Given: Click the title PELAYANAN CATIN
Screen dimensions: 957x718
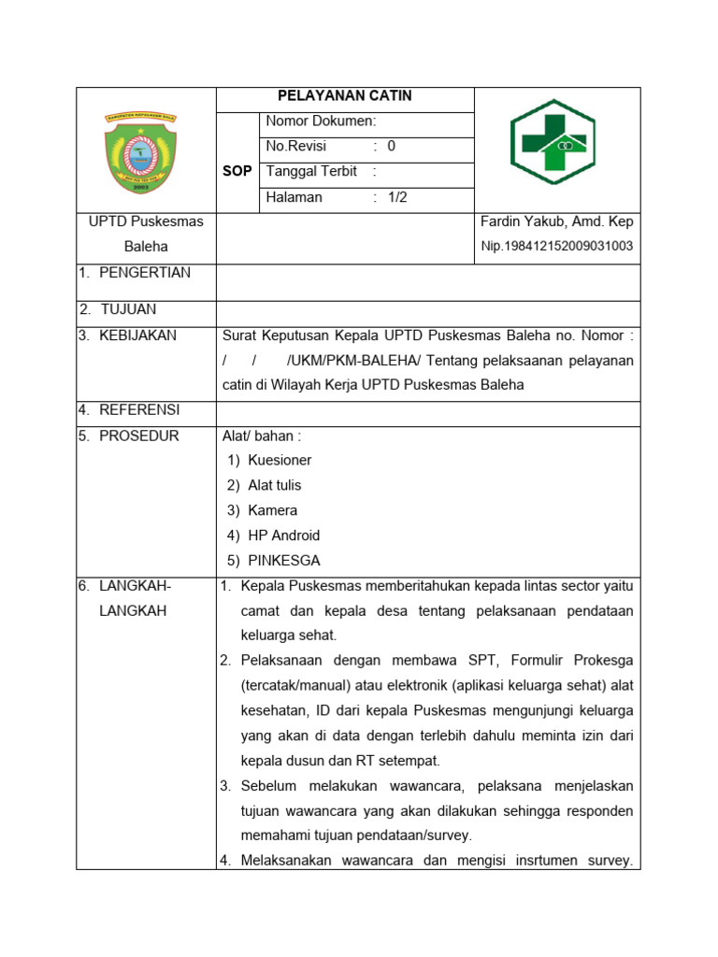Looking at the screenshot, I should (345, 96).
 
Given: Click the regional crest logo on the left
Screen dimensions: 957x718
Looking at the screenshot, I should (145, 152).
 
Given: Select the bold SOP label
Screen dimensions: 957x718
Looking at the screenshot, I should (237, 172).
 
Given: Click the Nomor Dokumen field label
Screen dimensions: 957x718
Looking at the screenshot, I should (321, 121).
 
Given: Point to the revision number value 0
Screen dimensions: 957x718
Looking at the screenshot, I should (392, 147).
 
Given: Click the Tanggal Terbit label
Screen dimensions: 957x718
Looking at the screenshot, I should (313, 172).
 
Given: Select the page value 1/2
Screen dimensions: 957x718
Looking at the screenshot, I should (397, 197).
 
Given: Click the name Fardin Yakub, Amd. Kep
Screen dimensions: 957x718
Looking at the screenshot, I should (556, 222).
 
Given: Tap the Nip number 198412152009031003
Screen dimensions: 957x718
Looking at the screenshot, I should (556, 247).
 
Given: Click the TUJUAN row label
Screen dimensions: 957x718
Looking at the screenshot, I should (128, 309).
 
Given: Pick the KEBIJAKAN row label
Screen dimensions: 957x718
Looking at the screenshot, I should (136, 336).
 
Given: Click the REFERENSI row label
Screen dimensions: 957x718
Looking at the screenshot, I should (138, 409).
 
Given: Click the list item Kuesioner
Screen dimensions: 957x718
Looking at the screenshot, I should (280, 461).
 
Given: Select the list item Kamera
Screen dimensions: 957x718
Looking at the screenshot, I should (272, 510).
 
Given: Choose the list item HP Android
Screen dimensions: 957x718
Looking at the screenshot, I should (283, 536).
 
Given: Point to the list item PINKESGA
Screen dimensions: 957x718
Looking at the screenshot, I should (283, 561).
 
